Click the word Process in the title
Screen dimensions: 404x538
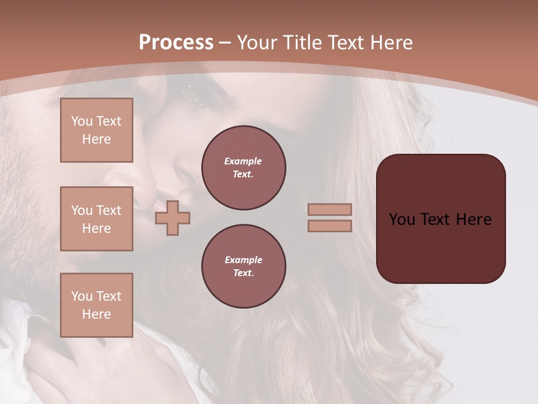coord(176,43)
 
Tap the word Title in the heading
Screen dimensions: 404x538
coord(300,43)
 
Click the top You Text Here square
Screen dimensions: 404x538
coord(96,130)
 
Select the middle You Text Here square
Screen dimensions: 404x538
coord(96,219)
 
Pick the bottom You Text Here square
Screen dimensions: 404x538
coord(96,305)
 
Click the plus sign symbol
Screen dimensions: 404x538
coord(173,218)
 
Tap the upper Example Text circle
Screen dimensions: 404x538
coord(244,168)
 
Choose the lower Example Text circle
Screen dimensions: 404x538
coord(244,267)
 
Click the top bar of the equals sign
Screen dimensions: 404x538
coord(330,209)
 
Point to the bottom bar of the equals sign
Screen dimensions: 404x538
coord(330,226)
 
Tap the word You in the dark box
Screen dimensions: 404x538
coord(402,219)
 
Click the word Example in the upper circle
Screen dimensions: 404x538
coord(243,161)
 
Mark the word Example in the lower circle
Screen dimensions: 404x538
coord(243,260)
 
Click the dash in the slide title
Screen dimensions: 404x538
coord(225,43)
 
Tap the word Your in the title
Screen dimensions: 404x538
coord(257,43)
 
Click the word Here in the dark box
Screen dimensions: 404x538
coord(474,219)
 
